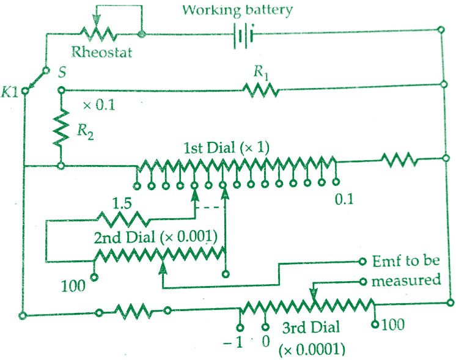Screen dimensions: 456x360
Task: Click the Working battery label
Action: coord(237,10)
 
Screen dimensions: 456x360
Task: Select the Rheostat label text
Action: coord(102,52)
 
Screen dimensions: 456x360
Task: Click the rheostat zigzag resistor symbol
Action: coord(98,34)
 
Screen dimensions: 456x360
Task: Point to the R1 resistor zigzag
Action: coord(260,90)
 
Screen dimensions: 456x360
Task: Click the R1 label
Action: coord(260,72)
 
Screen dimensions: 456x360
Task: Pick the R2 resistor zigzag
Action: coord(61,128)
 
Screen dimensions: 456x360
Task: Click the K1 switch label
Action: coord(10,92)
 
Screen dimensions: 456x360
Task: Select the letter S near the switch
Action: coord(62,72)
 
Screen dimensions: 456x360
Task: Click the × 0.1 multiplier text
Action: coord(99,105)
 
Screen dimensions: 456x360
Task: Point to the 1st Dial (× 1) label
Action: coord(226,148)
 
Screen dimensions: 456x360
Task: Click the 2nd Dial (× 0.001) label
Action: coord(156,238)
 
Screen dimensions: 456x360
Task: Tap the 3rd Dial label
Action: coord(311,328)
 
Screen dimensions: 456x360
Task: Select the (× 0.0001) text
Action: coord(312,349)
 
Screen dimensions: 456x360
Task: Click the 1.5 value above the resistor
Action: coord(122,204)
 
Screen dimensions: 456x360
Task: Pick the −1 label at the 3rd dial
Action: coord(233,343)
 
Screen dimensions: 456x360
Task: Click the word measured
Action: coord(406,281)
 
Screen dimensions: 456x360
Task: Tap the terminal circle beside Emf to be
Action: coord(362,262)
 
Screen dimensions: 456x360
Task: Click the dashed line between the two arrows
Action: coord(210,208)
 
